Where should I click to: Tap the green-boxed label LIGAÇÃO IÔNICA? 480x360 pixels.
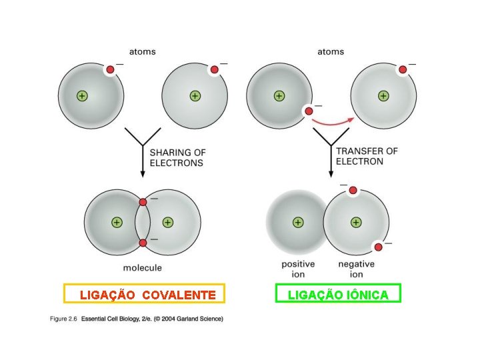pyautogui.click(x=338, y=294)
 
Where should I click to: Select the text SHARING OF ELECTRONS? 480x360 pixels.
pyautogui.click(x=177, y=157)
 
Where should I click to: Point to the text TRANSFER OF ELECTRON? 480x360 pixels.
pyautogui.click(x=367, y=156)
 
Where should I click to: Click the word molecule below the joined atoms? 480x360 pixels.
pyautogui.click(x=143, y=268)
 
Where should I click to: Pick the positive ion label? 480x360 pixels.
pyautogui.click(x=298, y=269)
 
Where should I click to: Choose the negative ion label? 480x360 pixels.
pyautogui.click(x=356, y=269)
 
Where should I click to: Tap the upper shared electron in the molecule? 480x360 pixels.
pyautogui.click(x=143, y=202)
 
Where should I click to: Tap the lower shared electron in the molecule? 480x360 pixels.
pyautogui.click(x=143, y=243)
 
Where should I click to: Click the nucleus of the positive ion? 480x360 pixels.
pyautogui.click(x=298, y=222)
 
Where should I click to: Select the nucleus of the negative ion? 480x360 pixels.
pyautogui.click(x=356, y=222)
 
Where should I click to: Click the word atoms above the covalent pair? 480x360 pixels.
pyautogui.click(x=142, y=51)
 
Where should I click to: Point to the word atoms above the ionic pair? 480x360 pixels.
pyautogui.click(x=331, y=51)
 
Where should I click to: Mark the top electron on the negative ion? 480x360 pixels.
pyautogui.click(x=353, y=191)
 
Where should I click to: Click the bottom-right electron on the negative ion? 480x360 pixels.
pyautogui.click(x=378, y=247)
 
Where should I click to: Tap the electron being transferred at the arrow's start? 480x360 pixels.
pyautogui.click(x=309, y=111)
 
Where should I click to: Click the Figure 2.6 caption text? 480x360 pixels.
pyautogui.click(x=137, y=319)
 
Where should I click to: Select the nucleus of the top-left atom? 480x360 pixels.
pyautogui.click(x=81, y=96)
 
